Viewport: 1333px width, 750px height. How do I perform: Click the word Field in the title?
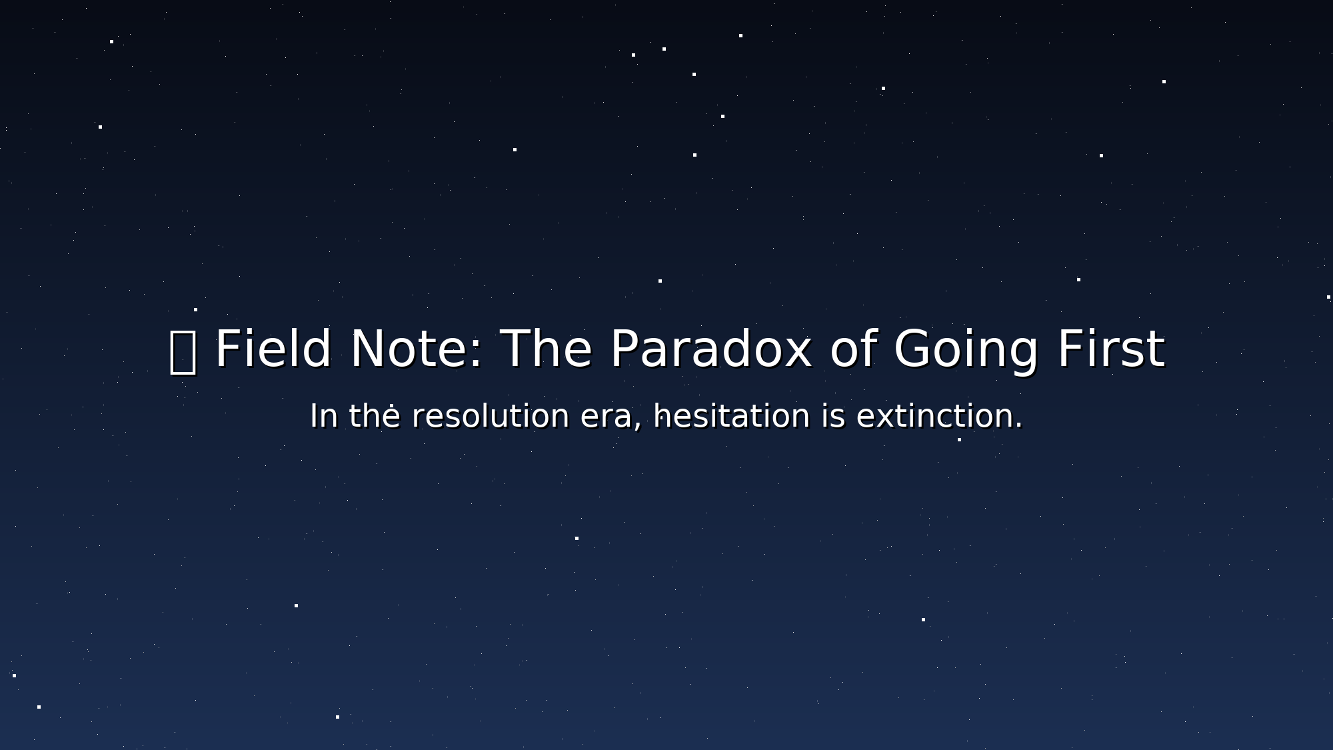[273, 349]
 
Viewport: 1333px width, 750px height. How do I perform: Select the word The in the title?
[546, 349]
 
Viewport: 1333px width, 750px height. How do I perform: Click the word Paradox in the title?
[710, 349]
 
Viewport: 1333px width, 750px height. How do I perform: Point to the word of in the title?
[852, 349]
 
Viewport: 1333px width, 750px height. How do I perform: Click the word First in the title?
[1111, 349]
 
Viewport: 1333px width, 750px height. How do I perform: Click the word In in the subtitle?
[324, 417]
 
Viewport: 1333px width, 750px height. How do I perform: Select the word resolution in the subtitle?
[490, 417]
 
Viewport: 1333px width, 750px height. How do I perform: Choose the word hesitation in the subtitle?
[732, 417]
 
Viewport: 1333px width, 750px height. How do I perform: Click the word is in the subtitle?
[833, 417]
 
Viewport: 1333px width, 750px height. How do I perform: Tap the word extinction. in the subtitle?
[939, 417]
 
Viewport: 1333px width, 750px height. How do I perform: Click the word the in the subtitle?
[375, 417]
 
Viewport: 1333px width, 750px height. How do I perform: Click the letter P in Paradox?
[624, 349]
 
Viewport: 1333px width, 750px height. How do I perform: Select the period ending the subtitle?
[1018, 426]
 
